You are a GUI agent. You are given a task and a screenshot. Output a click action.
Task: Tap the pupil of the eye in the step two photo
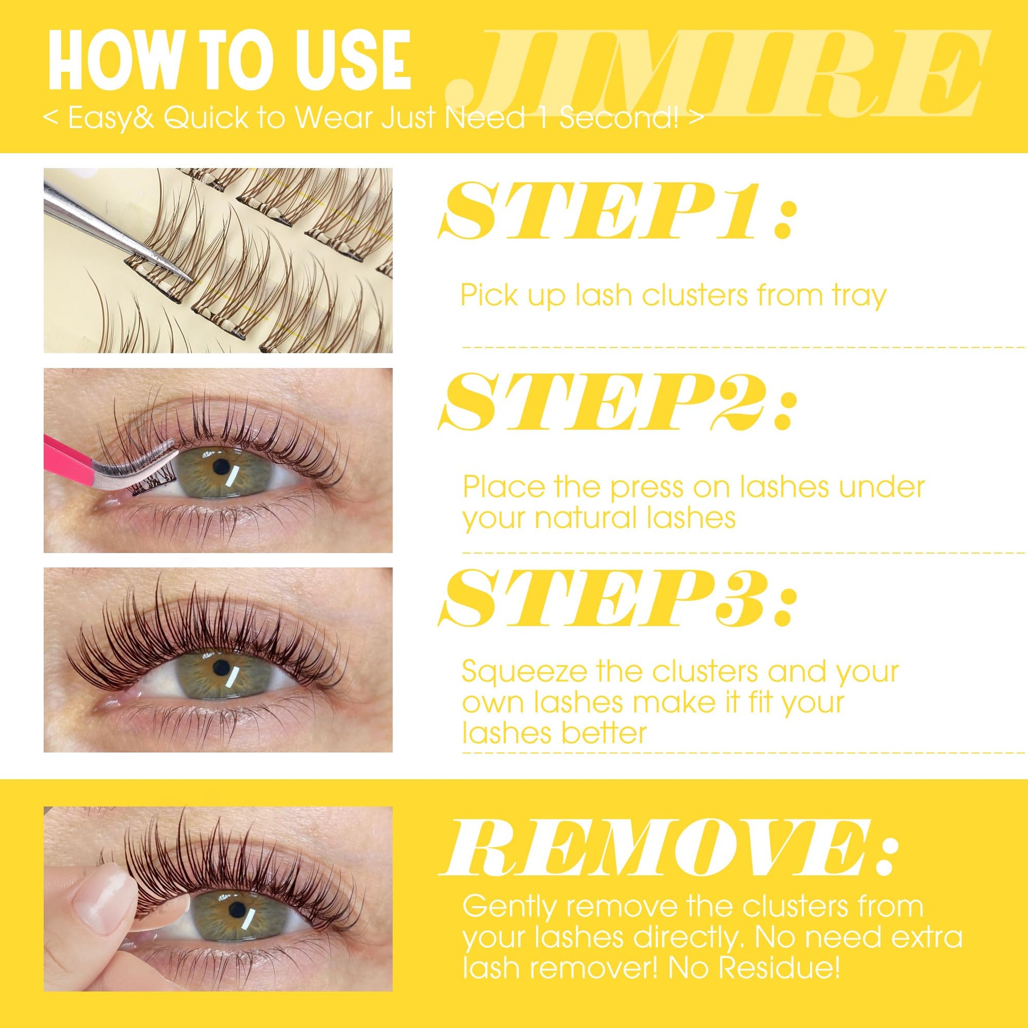(220, 466)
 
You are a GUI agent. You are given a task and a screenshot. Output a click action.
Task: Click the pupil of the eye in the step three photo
(220, 666)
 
